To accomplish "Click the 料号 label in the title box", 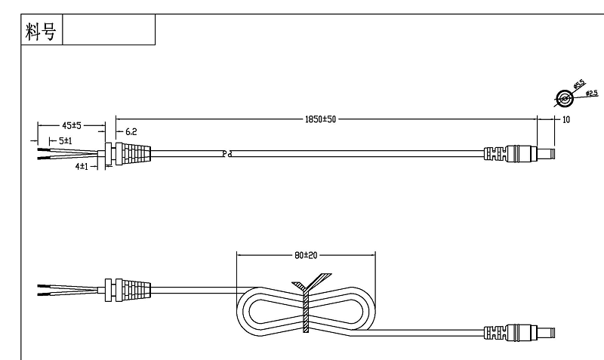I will (x=42, y=31).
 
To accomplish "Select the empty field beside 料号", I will (x=109, y=31).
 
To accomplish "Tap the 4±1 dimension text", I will (x=82, y=165).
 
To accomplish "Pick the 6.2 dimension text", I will (x=131, y=131).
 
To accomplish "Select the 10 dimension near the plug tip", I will (x=566, y=120).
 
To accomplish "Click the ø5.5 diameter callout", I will (x=579, y=85).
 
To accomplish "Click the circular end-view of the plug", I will (x=562, y=98).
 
